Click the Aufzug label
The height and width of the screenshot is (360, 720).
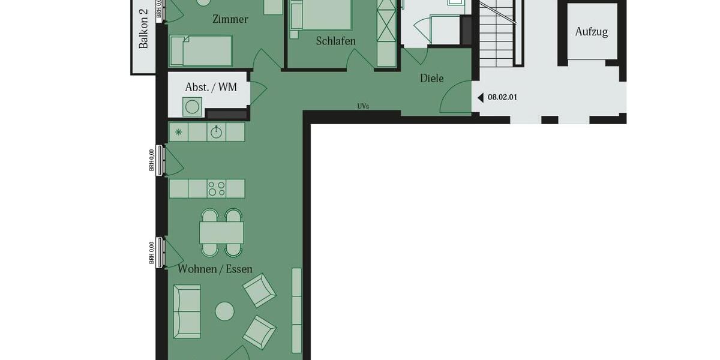[591, 32]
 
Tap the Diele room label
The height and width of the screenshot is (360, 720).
[431, 78]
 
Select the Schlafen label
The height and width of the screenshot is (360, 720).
[336, 41]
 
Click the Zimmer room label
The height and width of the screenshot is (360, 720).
[230, 19]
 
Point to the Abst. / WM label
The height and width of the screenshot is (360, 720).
[211, 88]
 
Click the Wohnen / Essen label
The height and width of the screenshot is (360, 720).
[215, 269]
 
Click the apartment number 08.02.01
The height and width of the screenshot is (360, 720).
[502, 97]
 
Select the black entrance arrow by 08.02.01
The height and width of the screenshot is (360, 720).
[480, 97]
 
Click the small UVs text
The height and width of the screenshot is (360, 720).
[363, 106]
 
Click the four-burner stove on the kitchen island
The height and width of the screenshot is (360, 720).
[216, 188]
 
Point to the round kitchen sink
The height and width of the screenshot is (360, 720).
[216, 132]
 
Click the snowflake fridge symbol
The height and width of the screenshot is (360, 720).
[178, 132]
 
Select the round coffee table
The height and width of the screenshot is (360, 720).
[225, 311]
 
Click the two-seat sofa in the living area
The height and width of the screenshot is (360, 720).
[187, 311]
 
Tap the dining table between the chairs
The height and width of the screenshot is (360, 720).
[221, 232]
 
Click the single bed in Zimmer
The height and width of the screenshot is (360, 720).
[200, 50]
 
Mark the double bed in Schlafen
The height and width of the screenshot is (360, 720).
[321, 14]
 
